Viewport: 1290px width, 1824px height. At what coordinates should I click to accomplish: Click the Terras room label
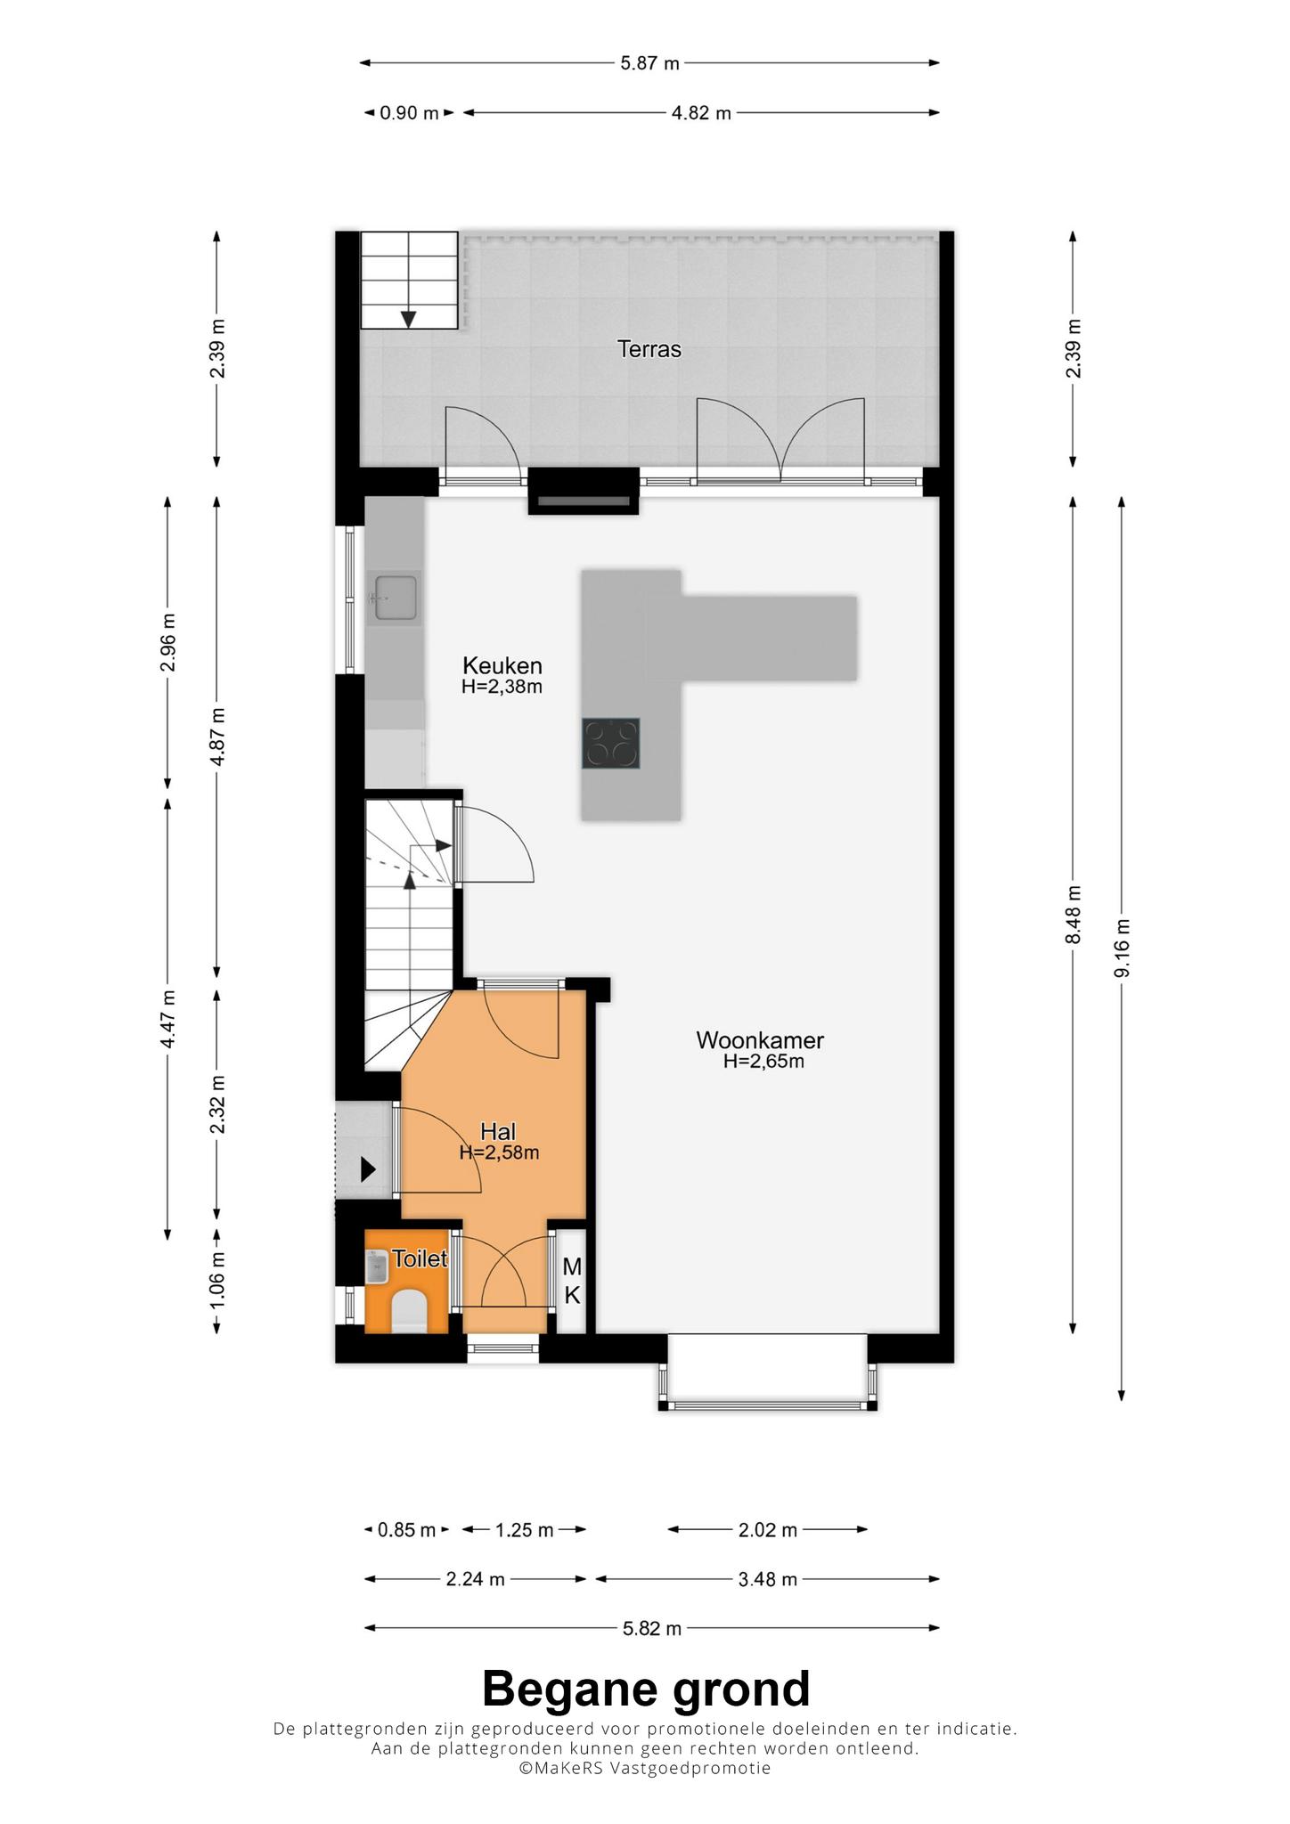649,349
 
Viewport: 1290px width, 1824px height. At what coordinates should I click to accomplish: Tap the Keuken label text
502,665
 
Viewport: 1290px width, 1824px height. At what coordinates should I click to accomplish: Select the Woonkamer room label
760,1039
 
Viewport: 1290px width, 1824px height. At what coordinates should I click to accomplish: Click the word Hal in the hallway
498,1131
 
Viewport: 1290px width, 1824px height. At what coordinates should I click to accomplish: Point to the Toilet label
420,1258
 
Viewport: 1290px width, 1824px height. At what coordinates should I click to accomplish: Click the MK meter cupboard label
572,1281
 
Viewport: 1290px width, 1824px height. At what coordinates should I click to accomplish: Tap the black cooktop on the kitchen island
610,743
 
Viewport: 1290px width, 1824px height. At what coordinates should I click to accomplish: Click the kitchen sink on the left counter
396,598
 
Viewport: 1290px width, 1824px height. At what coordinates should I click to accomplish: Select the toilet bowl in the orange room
410,1311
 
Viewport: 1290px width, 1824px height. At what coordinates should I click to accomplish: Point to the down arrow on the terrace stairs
409,319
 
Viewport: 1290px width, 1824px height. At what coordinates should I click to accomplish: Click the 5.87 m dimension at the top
649,63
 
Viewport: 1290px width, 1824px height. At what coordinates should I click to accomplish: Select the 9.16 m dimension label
1122,948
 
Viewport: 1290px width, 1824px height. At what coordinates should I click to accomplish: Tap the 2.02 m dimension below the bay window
768,1530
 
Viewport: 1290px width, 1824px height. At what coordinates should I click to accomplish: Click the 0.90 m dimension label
410,113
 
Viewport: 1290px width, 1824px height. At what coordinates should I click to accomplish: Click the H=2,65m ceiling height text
763,1062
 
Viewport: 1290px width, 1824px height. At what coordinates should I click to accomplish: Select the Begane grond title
646,1689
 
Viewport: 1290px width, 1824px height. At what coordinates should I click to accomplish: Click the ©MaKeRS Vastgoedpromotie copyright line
645,1769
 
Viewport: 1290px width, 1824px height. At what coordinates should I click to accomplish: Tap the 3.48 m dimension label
767,1580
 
